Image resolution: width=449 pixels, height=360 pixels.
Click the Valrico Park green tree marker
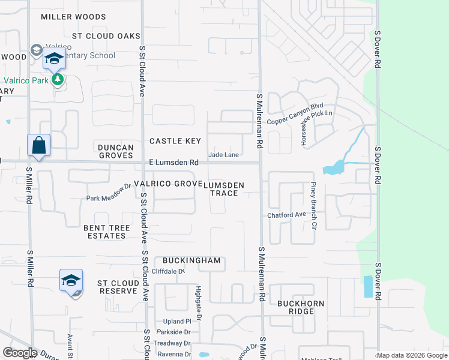pos(58,80)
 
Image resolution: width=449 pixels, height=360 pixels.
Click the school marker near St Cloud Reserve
pos(71,281)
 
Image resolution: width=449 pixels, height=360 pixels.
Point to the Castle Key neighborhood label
pos(175,141)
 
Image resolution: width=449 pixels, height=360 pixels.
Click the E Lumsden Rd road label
pos(173,163)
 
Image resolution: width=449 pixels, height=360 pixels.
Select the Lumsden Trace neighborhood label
pos(224,189)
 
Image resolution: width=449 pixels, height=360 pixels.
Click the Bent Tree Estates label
pos(104,232)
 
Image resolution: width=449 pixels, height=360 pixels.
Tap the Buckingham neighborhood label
pos(192,261)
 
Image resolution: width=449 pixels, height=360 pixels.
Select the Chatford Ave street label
pos(287,215)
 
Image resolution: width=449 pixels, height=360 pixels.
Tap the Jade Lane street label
pos(223,155)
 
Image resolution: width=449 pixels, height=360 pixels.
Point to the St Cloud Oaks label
pos(106,36)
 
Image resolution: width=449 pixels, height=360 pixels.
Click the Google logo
pos(19,352)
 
